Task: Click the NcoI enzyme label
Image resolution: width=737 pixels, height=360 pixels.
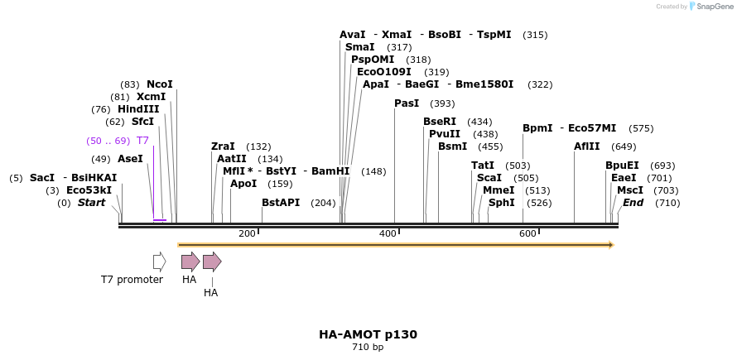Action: [159, 84]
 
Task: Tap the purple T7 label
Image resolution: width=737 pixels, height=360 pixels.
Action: [142, 141]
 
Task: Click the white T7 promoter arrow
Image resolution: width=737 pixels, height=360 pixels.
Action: [159, 262]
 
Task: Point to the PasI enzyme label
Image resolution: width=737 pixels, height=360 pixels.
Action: [407, 103]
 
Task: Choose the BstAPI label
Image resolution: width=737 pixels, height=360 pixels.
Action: [281, 203]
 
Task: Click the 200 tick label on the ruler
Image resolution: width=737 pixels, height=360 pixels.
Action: [247, 233]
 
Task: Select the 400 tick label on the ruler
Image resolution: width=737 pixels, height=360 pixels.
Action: [388, 233]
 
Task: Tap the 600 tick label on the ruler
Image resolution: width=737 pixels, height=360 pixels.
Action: [528, 233]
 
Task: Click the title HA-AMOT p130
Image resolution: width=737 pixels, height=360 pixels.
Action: [368, 334]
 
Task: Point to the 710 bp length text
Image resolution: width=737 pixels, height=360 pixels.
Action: [368, 347]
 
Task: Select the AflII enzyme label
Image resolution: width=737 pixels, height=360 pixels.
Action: [587, 146]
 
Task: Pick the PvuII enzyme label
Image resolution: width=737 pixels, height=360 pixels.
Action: [445, 134]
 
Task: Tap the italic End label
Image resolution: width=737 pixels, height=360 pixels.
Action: [633, 203]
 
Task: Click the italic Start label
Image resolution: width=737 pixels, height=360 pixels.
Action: [91, 203]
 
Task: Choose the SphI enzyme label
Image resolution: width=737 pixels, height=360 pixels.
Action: [501, 203]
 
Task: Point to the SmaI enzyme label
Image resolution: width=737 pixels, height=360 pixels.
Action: [360, 47]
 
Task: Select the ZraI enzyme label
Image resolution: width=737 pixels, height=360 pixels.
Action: [223, 146]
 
